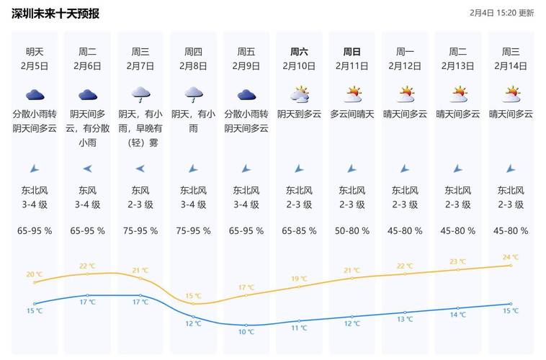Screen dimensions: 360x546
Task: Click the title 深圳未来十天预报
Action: coord(55,14)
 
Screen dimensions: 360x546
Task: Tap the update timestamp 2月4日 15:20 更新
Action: coord(501,13)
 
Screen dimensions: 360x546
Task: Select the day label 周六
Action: coord(299,52)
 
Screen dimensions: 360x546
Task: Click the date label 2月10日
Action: coord(299,66)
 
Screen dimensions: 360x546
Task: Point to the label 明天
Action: coord(35,52)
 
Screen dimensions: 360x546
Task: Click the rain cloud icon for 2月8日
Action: coord(193,94)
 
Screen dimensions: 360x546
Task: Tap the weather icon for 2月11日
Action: coord(352,94)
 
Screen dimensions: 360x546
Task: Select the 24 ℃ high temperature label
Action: coord(511,257)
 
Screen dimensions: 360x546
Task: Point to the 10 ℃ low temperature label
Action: coord(246,332)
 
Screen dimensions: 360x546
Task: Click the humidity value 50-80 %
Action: coord(352,231)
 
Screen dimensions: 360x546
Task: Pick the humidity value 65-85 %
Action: coord(299,231)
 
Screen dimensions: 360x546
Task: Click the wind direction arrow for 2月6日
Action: coord(87,168)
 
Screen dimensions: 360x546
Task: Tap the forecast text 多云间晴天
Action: coord(352,114)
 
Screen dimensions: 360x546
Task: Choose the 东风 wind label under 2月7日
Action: coord(140,191)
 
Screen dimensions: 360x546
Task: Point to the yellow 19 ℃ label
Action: coord(299,279)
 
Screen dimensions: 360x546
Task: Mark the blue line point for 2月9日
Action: coord(246,325)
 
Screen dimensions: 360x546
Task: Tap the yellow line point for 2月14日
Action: coord(511,265)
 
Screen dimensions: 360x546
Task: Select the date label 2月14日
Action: coord(511,66)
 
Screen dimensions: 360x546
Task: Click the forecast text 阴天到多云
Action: coord(299,114)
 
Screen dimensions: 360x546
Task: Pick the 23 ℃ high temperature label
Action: coord(458,261)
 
